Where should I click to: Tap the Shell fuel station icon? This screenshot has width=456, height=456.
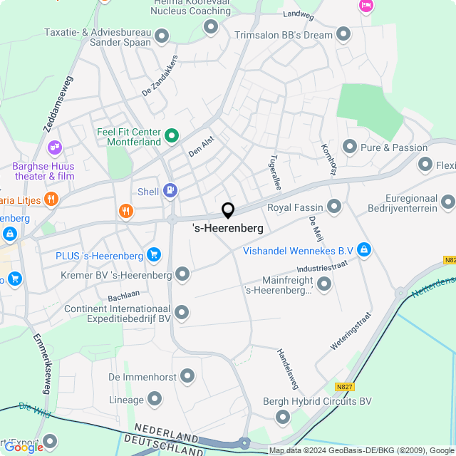(x=170, y=190)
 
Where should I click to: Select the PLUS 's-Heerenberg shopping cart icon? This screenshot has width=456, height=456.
(x=153, y=254)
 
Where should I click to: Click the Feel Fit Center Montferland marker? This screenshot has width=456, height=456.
(x=171, y=134)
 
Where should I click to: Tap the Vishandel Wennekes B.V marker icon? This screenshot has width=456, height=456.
(x=364, y=249)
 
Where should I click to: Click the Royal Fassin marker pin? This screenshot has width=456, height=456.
(x=334, y=207)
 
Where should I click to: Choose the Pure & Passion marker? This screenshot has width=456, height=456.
(x=349, y=147)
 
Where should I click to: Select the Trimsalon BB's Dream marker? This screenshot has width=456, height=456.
(x=343, y=33)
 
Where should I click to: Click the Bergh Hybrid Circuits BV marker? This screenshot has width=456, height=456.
(x=283, y=417)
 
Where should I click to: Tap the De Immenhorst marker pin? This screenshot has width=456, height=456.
(x=188, y=375)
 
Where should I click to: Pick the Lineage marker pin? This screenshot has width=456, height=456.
(x=155, y=400)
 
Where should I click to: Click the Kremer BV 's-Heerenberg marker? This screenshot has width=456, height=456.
(x=182, y=274)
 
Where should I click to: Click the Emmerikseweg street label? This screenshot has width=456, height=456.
(x=40, y=364)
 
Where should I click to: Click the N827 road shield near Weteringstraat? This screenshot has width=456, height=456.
(x=345, y=387)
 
